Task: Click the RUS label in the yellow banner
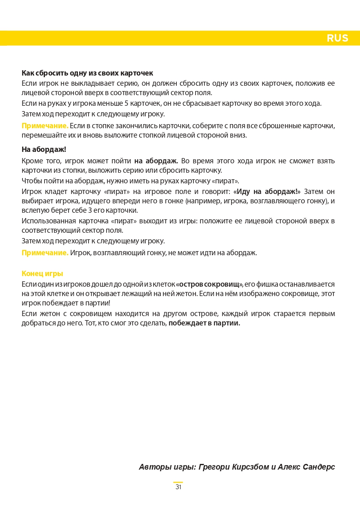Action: click(337, 38)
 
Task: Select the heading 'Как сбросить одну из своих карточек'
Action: click(87, 73)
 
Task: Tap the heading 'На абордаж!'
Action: click(44, 149)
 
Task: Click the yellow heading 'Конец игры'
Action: click(42, 274)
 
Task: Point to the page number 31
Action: click(178, 487)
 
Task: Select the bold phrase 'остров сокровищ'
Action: click(209, 284)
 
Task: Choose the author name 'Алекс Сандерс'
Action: click(306, 467)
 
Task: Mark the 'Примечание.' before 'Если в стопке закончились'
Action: click(45, 125)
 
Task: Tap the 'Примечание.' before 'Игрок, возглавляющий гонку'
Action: click(45, 253)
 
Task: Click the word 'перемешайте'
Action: click(40, 135)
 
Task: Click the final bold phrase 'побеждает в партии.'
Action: click(204, 323)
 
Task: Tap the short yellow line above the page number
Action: click(178, 482)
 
